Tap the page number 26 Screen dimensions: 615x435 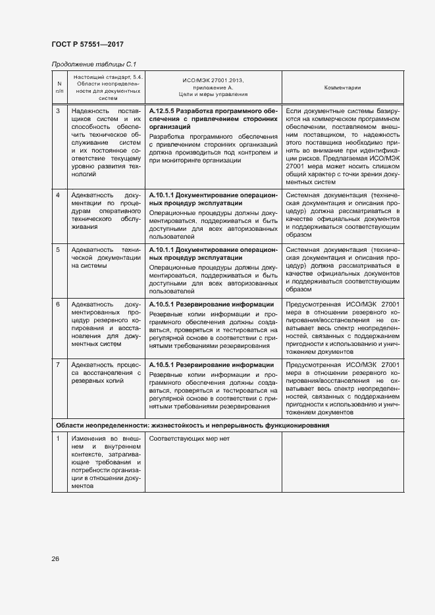tap(56, 558)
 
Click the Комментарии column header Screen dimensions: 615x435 tap(342, 87)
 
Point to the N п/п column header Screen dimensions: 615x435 tap(59, 87)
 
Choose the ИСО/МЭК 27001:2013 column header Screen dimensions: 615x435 tap(213, 87)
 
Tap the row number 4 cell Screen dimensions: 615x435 tap(58, 196)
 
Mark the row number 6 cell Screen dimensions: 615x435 tap(58, 305)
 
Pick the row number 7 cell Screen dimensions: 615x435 tap(58, 364)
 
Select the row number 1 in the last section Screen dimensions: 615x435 tap(58, 439)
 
